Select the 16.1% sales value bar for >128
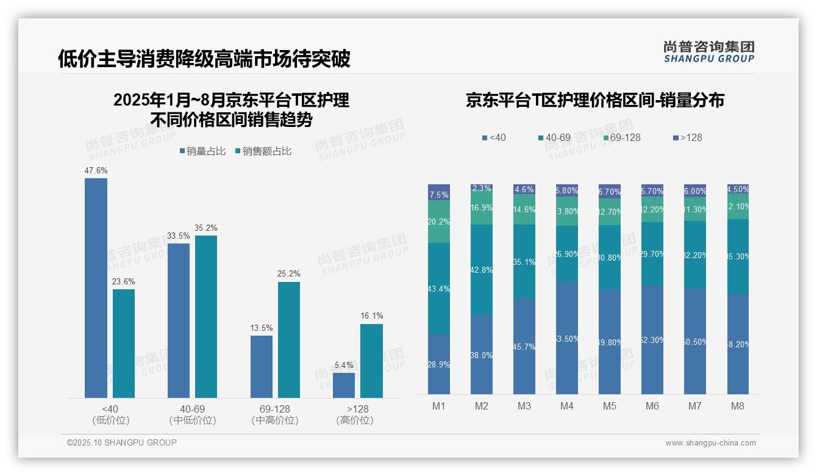(x=371, y=361)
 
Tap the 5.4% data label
(x=344, y=365)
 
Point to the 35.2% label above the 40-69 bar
(x=205, y=228)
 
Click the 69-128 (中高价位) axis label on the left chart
(x=274, y=414)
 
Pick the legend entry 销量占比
(x=202, y=151)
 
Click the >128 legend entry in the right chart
(x=687, y=137)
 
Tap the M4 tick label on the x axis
(x=567, y=406)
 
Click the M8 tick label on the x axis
(x=738, y=406)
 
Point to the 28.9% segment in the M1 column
(x=439, y=364)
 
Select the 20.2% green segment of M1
(x=439, y=222)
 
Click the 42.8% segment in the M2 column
(x=482, y=270)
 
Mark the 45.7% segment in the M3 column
(x=524, y=346)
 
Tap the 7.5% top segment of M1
(x=439, y=192)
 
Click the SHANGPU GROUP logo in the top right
(x=708, y=52)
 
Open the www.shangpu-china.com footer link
(x=710, y=443)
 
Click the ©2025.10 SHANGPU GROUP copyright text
(x=122, y=442)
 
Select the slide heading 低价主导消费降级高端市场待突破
(x=204, y=59)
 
